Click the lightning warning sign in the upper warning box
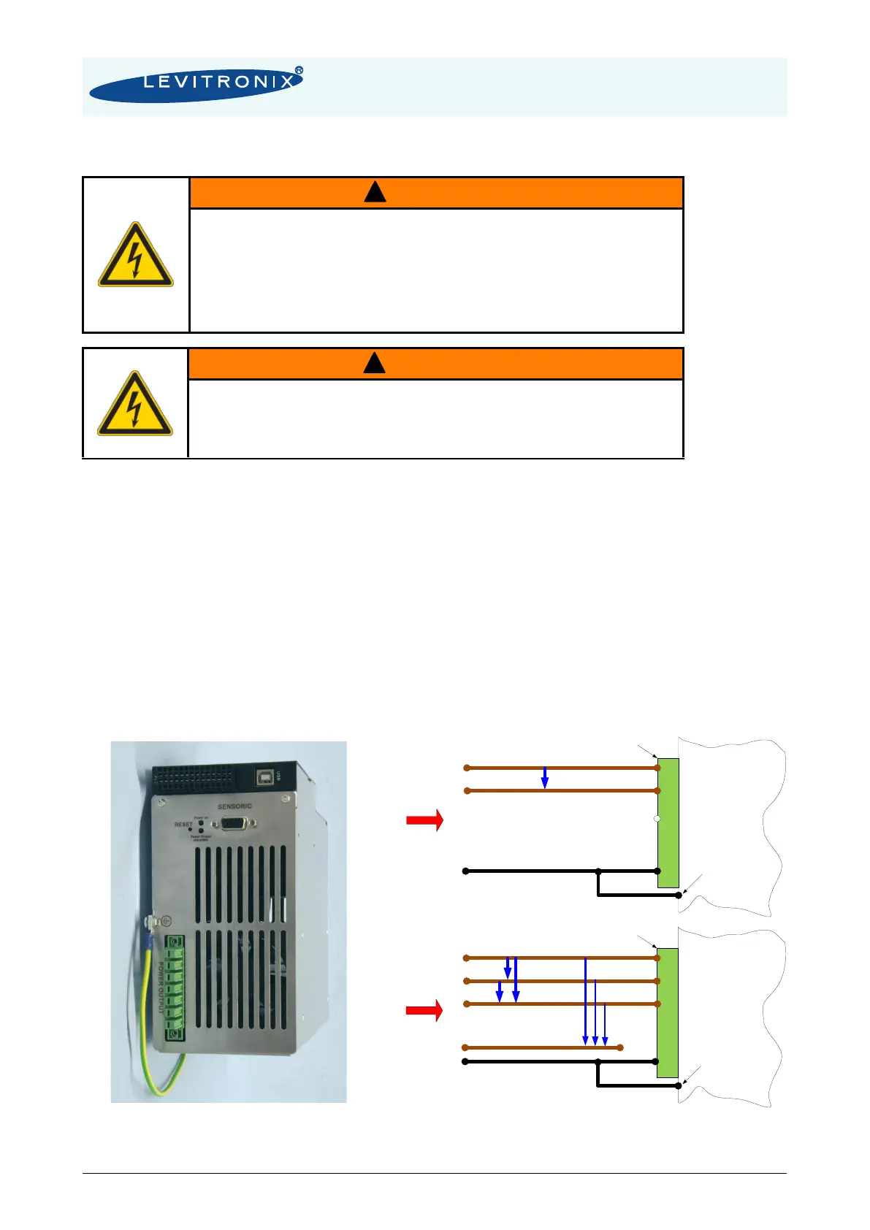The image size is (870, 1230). (136, 255)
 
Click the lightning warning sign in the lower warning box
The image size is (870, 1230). (135, 404)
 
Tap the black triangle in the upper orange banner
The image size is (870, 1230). (375, 192)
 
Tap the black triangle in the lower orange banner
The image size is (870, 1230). (374, 363)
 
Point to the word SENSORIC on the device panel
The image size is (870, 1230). (234, 806)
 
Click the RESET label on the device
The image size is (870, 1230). (183, 825)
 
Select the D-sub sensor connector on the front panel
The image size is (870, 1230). (233, 824)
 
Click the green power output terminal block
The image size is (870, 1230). (175, 988)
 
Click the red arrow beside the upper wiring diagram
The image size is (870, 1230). (424, 820)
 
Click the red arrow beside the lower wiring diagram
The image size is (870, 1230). (424, 1010)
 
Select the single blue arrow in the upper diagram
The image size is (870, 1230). (545, 778)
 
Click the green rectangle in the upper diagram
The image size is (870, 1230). (668, 822)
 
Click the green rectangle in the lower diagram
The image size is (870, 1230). (668, 1012)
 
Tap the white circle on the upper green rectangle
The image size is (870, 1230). (657, 819)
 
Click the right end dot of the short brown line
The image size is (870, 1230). (620, 1047)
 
